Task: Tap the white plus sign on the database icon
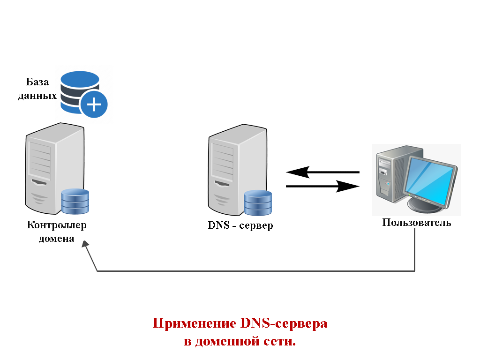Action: click(x=94, y=104)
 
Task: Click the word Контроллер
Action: click(x=57, y=225)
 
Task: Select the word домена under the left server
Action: click(x=56, y=239)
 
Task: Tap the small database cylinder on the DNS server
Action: click(x=258, y=203)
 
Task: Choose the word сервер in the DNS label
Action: click(x=256, y=226)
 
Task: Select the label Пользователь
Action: click(x=416, y=223)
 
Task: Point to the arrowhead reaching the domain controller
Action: click(x=85, y=245)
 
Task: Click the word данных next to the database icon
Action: click(x=37, y=96)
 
